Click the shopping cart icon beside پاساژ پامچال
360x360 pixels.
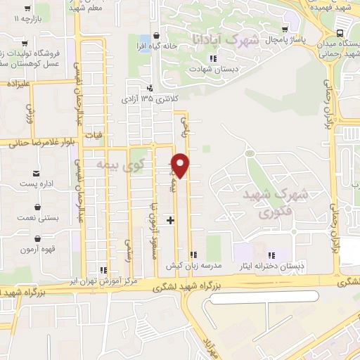tap(284, 30)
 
